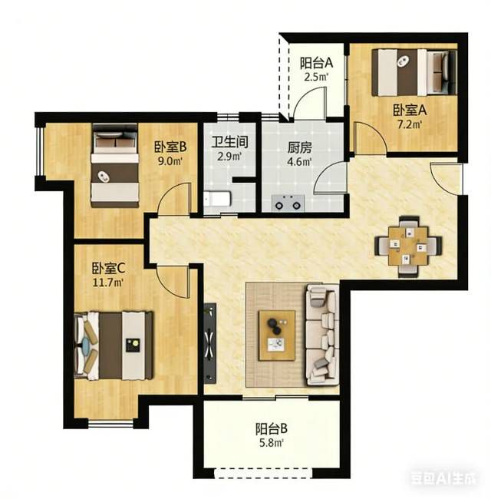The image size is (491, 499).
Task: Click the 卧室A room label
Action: (x=410, y=111)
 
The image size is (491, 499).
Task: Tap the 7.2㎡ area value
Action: (x=410, y=124)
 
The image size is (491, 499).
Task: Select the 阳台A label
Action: (x=316, y=63)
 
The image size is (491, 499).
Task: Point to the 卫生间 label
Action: (x=230, y=142)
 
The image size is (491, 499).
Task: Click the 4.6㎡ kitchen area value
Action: (x=299, y=162)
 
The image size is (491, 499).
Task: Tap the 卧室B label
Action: (x=170, y=147)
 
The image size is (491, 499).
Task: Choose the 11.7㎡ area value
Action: (x=108, y=283)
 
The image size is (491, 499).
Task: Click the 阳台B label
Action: (x=272, y=428)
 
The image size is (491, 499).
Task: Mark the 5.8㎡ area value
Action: (x=272, y=443)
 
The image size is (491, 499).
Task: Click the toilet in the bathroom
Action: (x=217, y=199)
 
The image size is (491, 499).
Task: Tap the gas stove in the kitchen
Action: (x=288, y=203)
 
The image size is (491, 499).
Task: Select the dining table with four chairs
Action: (x=408, y=246)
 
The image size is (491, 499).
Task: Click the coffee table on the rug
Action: (x=277, y=335)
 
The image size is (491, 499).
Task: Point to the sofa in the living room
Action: (x=321, y=335)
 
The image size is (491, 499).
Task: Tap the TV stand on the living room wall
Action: (x=210, y=343)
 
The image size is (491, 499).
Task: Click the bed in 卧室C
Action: (x=114, y=345)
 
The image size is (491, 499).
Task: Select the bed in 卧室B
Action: (x=115, y=166)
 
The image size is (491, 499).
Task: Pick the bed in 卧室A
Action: (x=415, y=72)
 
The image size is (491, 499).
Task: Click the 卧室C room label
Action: (x=108, y=268)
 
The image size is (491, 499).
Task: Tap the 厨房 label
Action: (x=299, y=147)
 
